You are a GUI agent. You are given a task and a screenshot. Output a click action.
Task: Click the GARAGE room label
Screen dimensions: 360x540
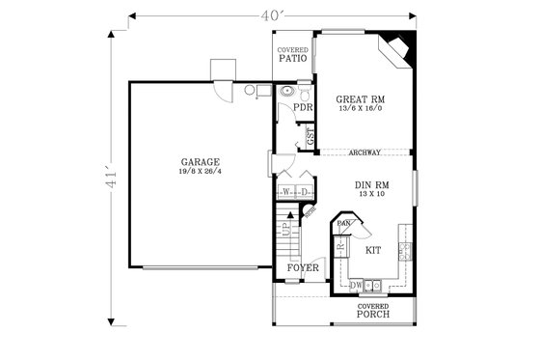point(200,161)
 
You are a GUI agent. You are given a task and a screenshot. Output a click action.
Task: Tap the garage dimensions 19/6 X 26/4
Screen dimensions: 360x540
point(200,171)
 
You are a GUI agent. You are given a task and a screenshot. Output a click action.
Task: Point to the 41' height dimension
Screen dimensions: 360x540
point(112,179)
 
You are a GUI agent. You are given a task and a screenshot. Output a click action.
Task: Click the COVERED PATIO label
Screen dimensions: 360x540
point(292,54)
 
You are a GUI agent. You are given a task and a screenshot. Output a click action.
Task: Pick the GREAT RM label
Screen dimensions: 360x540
point(361,99)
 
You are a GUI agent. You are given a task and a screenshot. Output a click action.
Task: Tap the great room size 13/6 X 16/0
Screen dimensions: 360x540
point(361,109)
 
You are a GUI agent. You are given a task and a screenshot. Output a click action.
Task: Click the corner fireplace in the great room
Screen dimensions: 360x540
point(398,47)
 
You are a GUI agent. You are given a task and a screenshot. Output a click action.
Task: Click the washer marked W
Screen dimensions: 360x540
point(287,192)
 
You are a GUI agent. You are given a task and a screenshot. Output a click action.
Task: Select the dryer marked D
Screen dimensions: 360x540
point(303,192)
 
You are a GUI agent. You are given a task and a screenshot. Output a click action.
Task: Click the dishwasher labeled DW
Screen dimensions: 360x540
point(356,285)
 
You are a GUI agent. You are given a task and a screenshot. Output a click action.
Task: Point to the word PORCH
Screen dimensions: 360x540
point(372,315)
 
